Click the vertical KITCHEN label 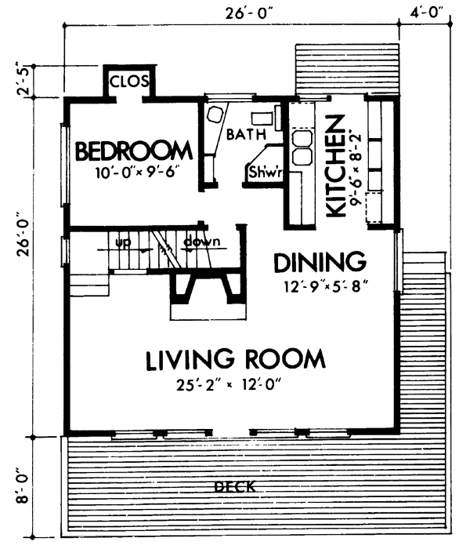334,166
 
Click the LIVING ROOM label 235,360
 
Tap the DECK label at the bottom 234,488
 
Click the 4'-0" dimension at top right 426,12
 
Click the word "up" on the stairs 122,242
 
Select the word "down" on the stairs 201,242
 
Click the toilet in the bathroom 214,116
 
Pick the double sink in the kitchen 301,141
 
